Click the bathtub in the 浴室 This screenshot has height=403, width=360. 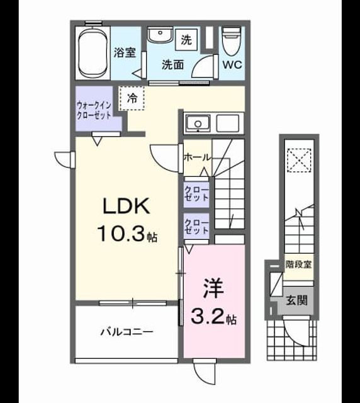coord(93,53)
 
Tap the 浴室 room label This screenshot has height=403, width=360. coord(125,53)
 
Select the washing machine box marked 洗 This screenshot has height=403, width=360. coord(186,40)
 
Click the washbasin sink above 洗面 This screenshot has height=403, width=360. coord(160,35)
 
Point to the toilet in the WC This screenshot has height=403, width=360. coord(232,42)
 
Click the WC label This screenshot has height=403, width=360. coord(232,65)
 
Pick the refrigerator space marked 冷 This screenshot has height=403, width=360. coord(132,98)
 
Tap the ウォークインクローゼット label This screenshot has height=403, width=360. coord(94,110)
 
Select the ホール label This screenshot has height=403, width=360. coord(198,157)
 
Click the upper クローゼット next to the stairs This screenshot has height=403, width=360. coord(196,194)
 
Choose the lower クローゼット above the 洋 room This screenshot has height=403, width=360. coord(196,227)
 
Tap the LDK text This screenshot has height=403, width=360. coord(126,206)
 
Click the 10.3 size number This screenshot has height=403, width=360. coord(120,233)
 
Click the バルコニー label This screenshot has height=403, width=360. coord(127,332)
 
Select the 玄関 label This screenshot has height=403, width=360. coord(297,300)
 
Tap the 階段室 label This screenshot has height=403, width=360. coord(298,264)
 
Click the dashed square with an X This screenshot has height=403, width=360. coord(299,161)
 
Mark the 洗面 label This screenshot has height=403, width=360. coord(172,65)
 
